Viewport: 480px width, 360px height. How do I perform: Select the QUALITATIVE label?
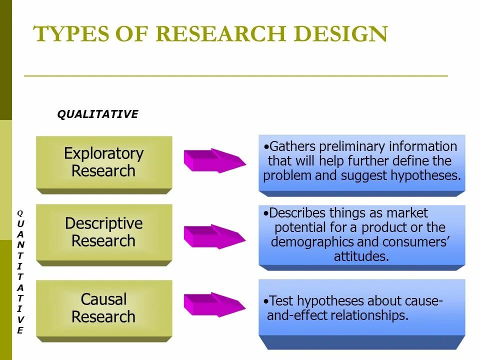click(x=97, y=114)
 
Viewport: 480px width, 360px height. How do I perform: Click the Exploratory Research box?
click(x=103, y=162)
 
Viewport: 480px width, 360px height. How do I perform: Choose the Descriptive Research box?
click(x=103, y=232)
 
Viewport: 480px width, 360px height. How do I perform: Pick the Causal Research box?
click(x=103, y=308)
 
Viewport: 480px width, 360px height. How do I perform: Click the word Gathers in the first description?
click(x=292, y=146)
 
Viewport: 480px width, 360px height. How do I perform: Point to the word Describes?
click(x=297, y=213)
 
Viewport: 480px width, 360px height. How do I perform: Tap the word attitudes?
click(x=361, y=256)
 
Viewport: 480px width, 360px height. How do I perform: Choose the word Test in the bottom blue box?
click(x=280, y=301)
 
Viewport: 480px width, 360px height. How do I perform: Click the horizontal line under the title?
click(x=235, y=76)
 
